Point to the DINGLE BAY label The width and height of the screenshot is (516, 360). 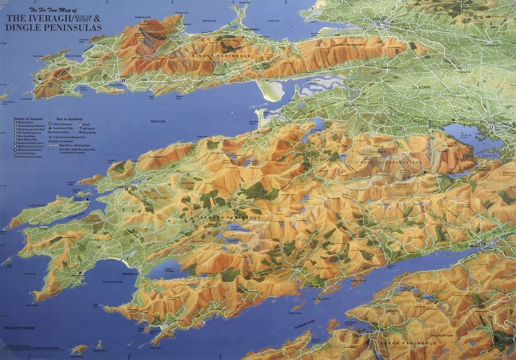point(157,122)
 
